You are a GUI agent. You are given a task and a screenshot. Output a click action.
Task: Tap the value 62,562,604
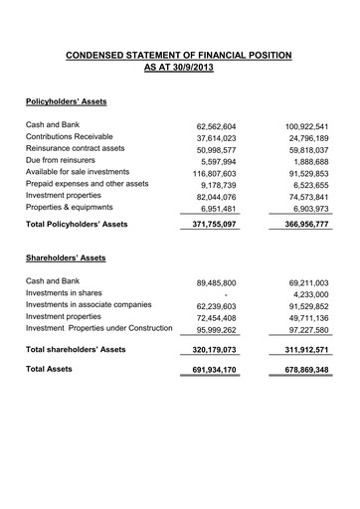click(x=211, y=127)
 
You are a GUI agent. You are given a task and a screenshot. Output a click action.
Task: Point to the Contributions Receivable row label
click(x=69, y=136)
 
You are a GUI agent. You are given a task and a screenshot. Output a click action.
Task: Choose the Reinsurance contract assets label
click(x=75, y=148)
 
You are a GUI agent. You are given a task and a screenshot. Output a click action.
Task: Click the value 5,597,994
click(x=214, y=161)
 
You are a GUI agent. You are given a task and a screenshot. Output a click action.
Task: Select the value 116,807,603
click(x=209, y=173)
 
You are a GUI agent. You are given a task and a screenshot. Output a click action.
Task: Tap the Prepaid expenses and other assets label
click(x=87, y=184)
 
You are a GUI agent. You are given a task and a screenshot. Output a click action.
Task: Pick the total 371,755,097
click(x=208, y=226)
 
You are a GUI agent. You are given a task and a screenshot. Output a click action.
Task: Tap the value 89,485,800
click(x=211, y=283)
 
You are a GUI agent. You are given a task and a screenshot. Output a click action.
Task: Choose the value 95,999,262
click(x=211, y=331)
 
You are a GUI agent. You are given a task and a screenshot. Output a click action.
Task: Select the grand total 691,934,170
click(x=208, y=371)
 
